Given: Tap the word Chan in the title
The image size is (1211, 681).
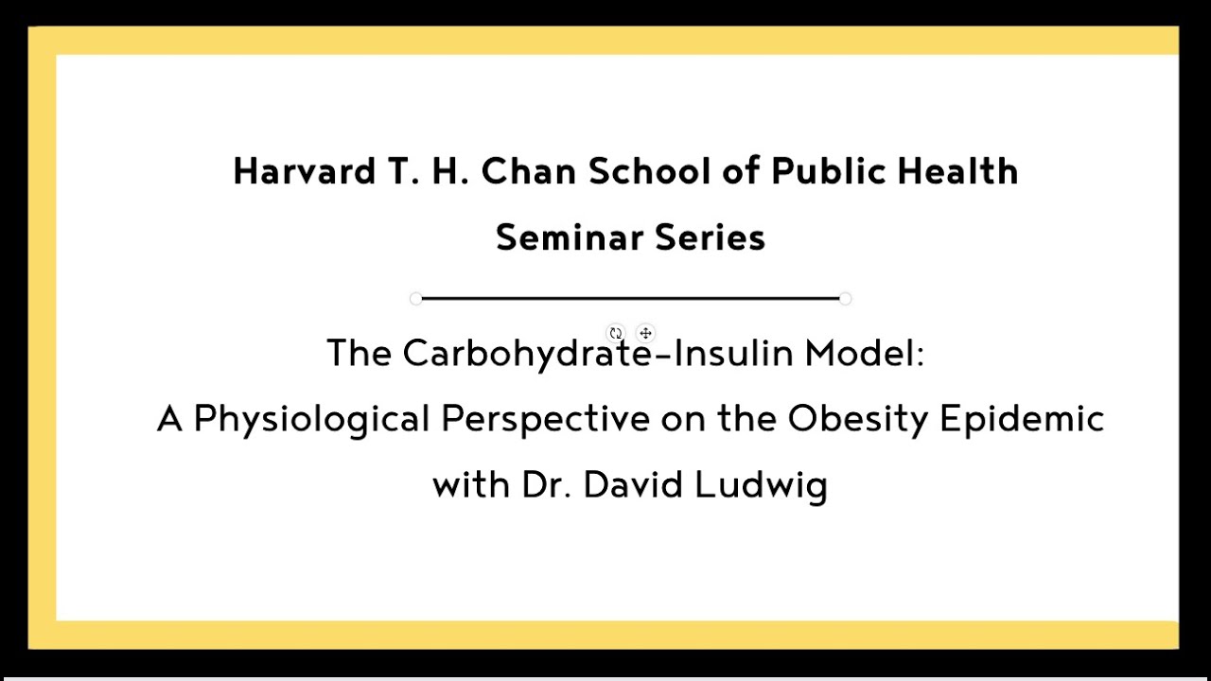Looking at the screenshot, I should (x=529, y=172).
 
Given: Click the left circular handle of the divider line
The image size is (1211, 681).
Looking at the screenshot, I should (x=415, y=299).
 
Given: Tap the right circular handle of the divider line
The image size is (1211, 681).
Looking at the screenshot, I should (x=845, y=299).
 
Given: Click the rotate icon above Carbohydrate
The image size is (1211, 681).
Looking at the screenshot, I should (x=616, y=333).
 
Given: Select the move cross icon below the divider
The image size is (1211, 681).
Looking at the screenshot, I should (x=645, y=333).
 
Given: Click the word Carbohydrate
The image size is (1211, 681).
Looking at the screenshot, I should (x=527, y=355).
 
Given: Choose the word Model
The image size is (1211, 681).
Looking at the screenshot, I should (x=862, y=354).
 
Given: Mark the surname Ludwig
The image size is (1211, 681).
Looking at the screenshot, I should (x=761, y=485).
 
